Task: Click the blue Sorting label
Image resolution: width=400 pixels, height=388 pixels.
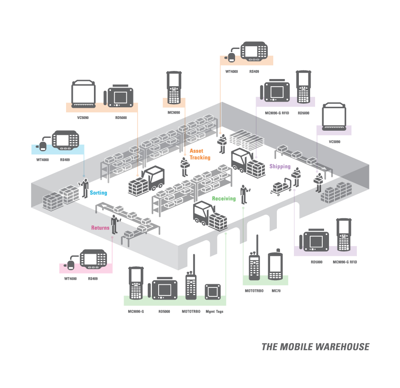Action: coord(98,193)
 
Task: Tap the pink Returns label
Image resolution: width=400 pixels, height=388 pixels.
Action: coord(100,228)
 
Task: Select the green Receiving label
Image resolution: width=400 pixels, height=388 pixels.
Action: coord(224,198)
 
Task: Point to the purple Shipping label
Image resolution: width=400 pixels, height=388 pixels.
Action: coord(280,167)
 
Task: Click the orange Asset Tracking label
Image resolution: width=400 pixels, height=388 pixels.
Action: coord(200,154)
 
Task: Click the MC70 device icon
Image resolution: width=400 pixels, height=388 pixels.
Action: coord(276,265)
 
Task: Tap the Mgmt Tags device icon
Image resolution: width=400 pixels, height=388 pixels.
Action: coord(213,291)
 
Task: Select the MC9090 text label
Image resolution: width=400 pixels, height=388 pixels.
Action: coord(174,112)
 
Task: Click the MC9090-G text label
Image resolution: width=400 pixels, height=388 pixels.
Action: coord(136,312)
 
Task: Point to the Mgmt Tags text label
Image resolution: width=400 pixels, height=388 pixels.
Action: coord(214,312)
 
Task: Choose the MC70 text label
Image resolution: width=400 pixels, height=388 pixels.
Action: coord(276,291)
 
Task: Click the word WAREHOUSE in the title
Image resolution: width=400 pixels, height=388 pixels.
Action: coord(342,347)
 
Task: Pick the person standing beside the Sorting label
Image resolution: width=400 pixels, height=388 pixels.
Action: coord(84,188)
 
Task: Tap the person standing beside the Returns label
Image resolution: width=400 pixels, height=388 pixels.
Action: coord(115,225)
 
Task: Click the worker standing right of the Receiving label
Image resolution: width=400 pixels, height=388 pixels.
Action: coord(244,194)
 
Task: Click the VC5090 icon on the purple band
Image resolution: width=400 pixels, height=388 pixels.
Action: coord(334,117)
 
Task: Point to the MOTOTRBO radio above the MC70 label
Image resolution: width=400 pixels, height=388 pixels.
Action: coord(254,257)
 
